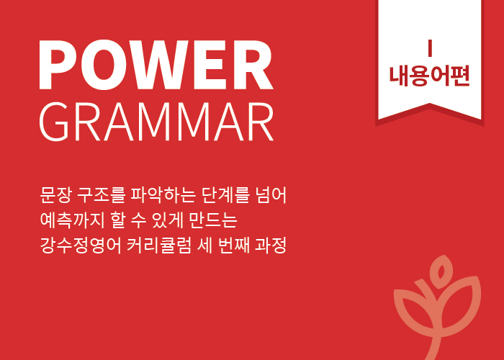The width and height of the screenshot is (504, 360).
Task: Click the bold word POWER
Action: coord(156,65)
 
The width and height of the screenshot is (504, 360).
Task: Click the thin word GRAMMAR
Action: coord(156,122)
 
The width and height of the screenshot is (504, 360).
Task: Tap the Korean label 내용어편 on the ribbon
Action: coord(429,76)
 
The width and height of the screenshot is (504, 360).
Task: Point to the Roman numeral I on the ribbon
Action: coord(430,48)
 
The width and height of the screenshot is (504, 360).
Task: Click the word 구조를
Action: coord(101,195)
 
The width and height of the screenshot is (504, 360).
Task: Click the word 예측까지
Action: coord(71,220)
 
